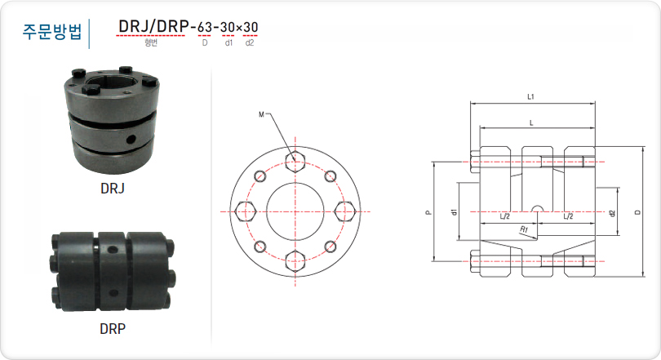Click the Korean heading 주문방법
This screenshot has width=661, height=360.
[x=52, y=32]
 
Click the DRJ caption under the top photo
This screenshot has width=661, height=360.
[x=113, y=189]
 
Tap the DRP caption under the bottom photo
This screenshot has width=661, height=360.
[x=113, y=328]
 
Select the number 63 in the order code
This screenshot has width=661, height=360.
[x=205, y=28]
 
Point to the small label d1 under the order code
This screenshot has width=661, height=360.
[x=228, y=42]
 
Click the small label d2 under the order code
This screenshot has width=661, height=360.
[x=250, y=42]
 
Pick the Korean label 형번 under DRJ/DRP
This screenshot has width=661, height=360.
[x=151, y=42]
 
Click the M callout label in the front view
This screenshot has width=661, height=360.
[x=261, y=114]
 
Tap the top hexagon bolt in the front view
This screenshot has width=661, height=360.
[x=295, y=162]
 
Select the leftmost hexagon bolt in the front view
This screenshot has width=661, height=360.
[x=246, y=211]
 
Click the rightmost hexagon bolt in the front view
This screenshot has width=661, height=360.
[x=345, y=211]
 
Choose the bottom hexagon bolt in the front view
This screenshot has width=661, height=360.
[x=295, y=261]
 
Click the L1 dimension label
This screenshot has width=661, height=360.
[x=530, y=97]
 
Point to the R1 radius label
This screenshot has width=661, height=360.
[x=524, y=229]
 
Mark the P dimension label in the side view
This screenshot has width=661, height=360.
[x=428, y=212]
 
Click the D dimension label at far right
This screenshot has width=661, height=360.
[x=638, y=211]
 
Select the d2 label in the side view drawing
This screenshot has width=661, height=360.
[x=613, y=213]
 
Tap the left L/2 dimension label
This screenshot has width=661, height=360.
[x=504, y=216]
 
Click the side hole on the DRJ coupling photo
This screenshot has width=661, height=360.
[x=131, y=138]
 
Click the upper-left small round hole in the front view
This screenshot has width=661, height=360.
[x=260, y=176]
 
